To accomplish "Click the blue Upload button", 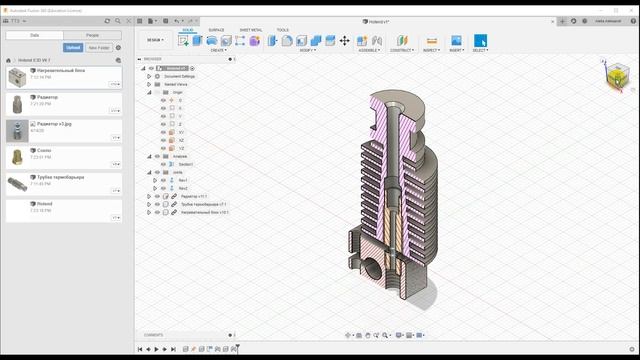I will tap(73, 47).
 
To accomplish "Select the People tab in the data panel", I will tap(92, 35).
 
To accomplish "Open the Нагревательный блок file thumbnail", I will tap(16, 77).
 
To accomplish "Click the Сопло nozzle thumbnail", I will tap(16, 156).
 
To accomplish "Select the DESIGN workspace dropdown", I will tap(155, 41).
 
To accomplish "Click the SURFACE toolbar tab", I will tap(216, 30).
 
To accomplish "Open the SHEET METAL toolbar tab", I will tap(250, 30).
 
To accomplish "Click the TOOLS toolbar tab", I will tap(283, 30).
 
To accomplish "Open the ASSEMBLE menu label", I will tap(369, 50).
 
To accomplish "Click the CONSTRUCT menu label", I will tap(402, 50).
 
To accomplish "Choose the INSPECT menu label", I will tap(431, 50).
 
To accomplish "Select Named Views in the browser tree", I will tap(176, 84).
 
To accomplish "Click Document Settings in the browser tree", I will tap(180, 76).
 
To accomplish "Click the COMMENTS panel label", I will tap(153, 335).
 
